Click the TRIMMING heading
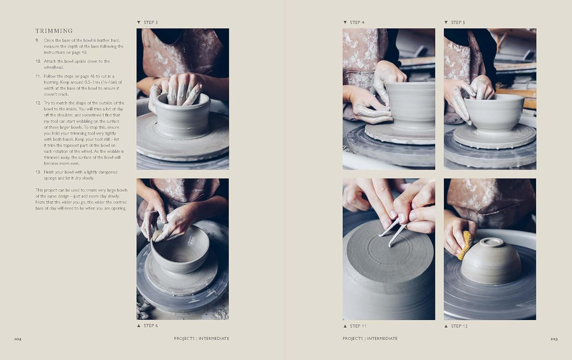[54, 31]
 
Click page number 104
[18, 339]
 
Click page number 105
[554, 339]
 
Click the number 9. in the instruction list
[37, 40]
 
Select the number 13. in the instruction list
[38, 172]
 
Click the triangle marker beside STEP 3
[139, 23]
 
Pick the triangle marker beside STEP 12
[446, 326]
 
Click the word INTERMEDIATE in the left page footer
[214, 339]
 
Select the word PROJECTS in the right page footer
[353, 339]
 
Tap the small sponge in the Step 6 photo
[158, 234]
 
